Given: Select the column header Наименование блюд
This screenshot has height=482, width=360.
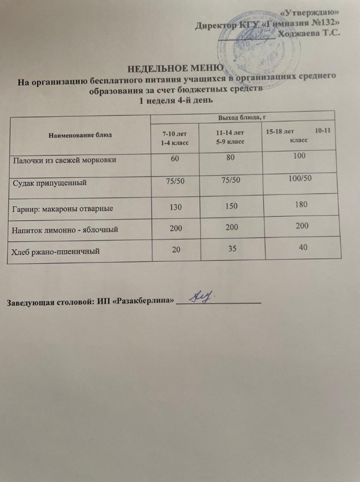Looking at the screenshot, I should pyautogui.click(x=80, y=134).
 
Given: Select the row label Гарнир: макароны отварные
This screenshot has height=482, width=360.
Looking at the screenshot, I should pyautogui.click(x=62, y=208).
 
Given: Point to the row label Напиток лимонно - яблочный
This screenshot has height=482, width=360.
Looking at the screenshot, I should pyautogui.click(x=65, y=229).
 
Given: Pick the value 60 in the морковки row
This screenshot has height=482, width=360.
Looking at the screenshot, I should pyautogui.click(x=174, y=159).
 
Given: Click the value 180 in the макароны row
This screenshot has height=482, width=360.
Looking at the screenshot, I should pyautogui.click(x=300, y=204).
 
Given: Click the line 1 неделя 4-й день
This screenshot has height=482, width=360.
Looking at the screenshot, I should pyautogui.click(x=176, y=101).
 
